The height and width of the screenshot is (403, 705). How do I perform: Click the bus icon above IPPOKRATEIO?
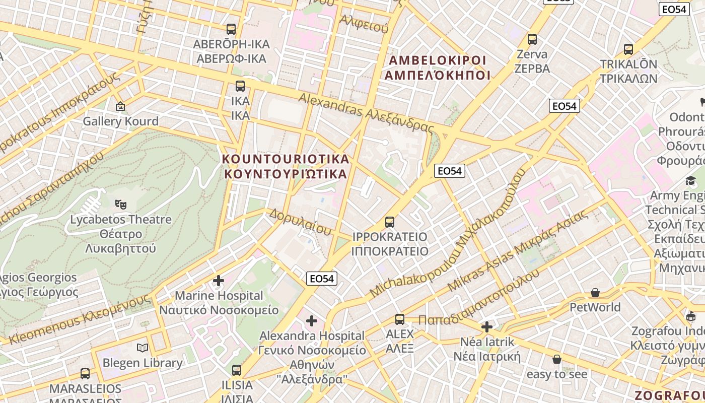click(x=389, y=222)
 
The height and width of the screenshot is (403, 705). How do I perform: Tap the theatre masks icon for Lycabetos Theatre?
click(x=120, y=204)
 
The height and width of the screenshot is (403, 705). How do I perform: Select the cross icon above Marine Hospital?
click(x=219, y=280)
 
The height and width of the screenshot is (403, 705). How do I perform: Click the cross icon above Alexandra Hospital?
click(x=312, y=320)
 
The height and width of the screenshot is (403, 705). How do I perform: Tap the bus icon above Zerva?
click(x=532, y=39)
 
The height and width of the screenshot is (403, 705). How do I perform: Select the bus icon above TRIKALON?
click(x=628, y=49)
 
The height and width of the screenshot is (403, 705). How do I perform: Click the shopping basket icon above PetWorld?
click(x=595, y=293)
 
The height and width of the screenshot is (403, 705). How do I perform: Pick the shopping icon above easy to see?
click(x=557, y=359)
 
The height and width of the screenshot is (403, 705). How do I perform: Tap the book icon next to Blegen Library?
click(x=143, y=348)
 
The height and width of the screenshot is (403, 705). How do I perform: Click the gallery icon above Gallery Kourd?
click(x=120, y=106)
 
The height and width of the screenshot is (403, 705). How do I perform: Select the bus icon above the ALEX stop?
click(x=400, y=319)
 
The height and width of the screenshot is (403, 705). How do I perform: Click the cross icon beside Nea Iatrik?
click(x=486, y=327)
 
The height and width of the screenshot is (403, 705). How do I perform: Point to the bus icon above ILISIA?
click(x=237, y=370)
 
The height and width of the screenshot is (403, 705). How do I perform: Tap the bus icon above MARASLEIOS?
click(x=85, y=374)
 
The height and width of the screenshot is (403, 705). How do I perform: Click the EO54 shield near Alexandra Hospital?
click(x=322, y=279)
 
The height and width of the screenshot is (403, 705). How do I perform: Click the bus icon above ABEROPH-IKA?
click(x=231, y=29)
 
